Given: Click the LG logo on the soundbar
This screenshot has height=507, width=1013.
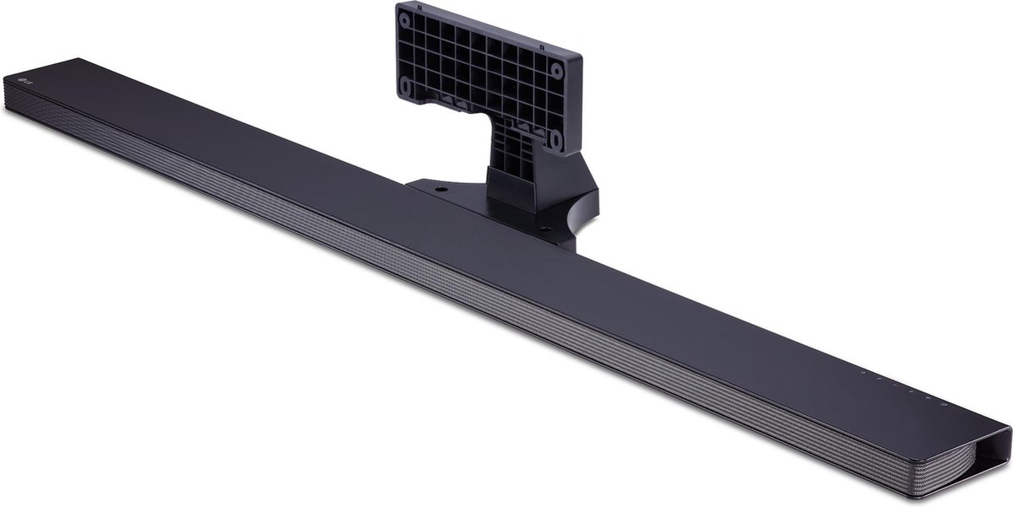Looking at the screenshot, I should tap(21, 81).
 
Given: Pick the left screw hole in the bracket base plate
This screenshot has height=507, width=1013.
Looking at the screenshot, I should tap(441, 190).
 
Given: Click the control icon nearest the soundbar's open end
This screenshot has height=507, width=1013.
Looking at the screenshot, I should tap(943, 406).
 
